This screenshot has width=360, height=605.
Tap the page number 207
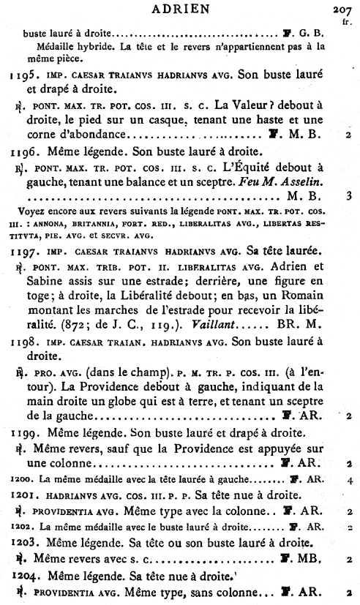pyautogui.click(x=342, y=9)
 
